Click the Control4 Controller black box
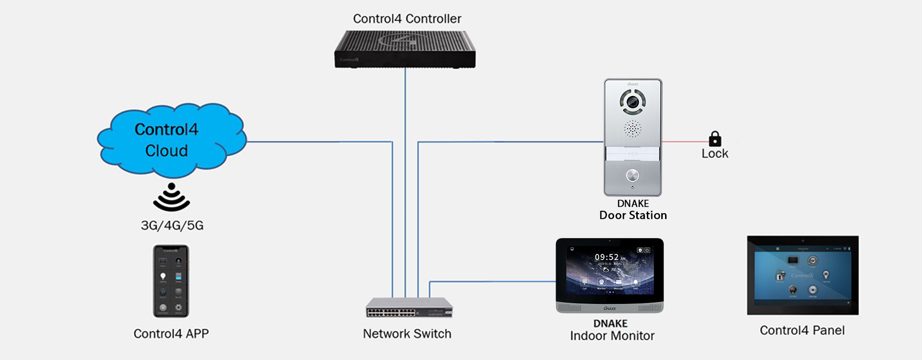click(405, 49)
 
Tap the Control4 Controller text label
click(407, 19)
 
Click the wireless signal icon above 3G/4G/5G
click(171, 197)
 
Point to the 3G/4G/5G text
click(172, 225)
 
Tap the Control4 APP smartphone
click(171, 281)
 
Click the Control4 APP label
click(171, 334)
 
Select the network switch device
click(409, 308)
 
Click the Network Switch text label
click(407, 334)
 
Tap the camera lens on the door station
click(632, 102)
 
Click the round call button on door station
click(632, 175)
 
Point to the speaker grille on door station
click(632, 129)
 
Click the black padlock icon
click(715, 139)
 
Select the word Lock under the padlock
click(715, 154)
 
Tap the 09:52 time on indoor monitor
click(607, 257)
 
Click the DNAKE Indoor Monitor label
click(612, 330)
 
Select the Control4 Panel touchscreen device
click(802, 275)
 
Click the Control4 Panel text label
click(802, 330)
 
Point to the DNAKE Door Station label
click(633, 210)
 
